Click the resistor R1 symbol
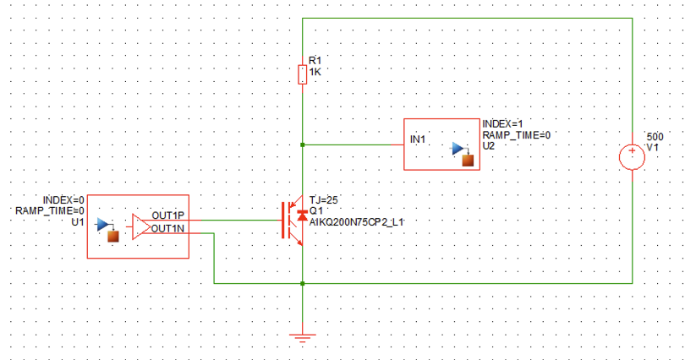(303, 75)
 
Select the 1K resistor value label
(316, 73)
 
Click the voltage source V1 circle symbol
(632, 157)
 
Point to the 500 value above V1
(655, 136)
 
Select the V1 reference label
(652, 147)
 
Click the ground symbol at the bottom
(302, 337)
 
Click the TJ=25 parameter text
(323, 199)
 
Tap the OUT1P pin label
(169, 215)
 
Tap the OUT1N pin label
(169, 227)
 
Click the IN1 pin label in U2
(419, 137)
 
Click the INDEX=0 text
(64, 199)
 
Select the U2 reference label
(489, 146)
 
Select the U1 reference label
(77, 221)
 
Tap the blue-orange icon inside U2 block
(461, 154)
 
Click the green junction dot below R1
(303, 145)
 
